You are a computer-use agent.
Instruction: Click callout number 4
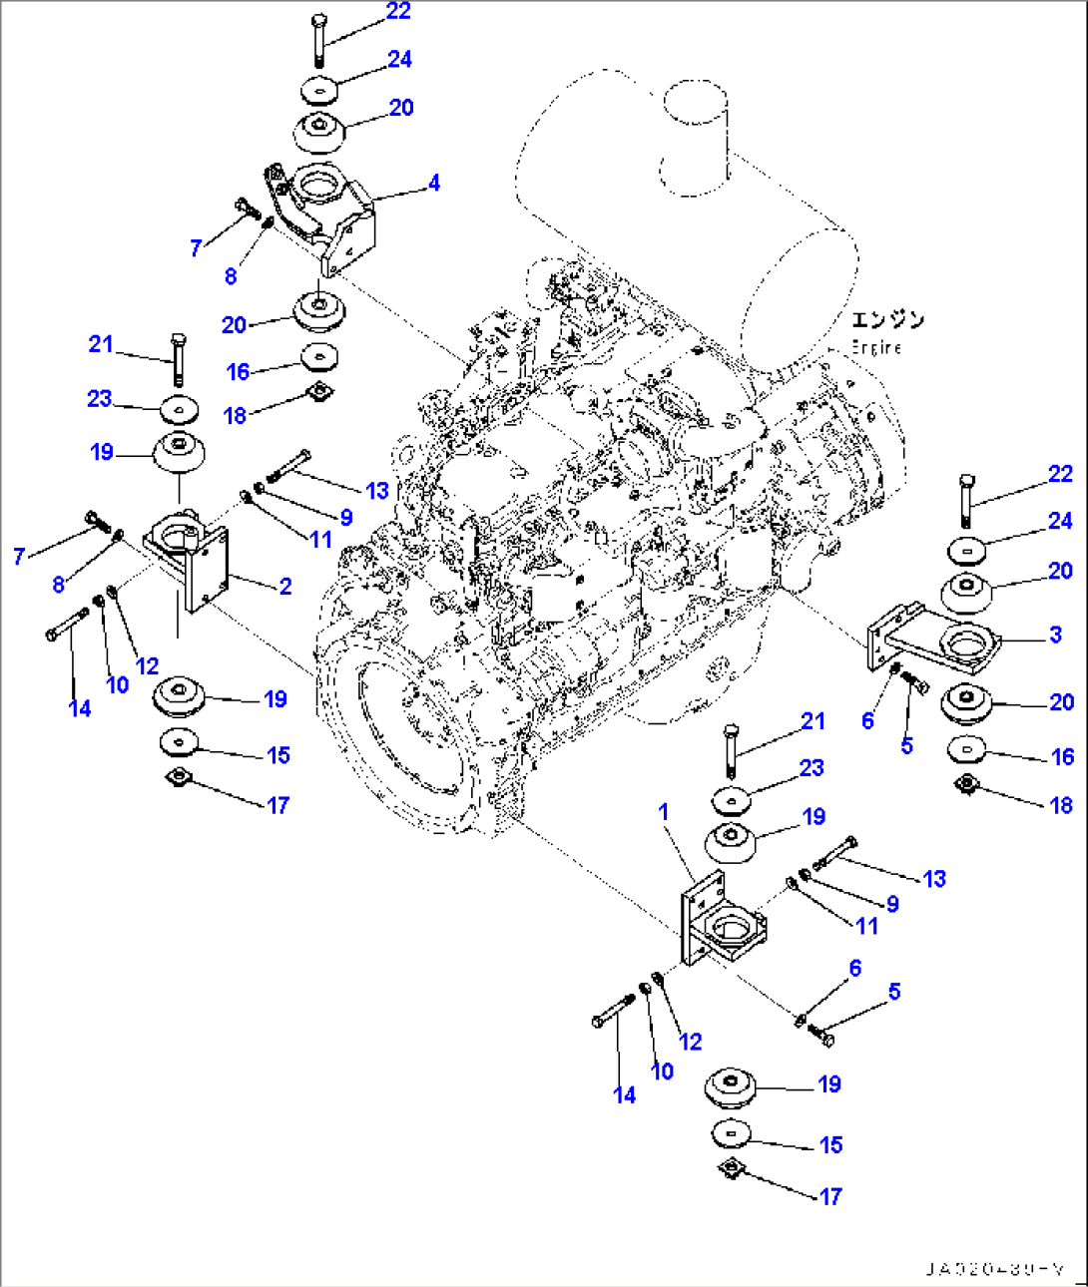click(x=433, y=184)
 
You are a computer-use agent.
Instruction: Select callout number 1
click(x=664, y=813)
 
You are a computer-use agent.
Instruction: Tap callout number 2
click(x=285, y=587)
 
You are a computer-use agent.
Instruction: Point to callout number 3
click(x=1055, y=635)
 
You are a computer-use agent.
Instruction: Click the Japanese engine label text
click(x=887, y=319)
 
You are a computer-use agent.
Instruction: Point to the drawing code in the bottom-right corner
click(x=994, y=1269)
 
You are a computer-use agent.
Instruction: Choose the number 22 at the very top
click(x=398, y=11)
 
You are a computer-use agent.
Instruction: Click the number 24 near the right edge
click(x=1060, y=521)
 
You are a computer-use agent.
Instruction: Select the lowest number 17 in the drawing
click(x=830, y=1196)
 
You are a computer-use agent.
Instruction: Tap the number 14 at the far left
click(x=80, y=708)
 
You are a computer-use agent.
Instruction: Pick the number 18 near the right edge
click(x=1061, y=805)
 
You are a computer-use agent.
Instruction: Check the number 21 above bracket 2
click(x=101, y=344)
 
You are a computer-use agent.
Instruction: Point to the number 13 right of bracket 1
click(x=934, y=879)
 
